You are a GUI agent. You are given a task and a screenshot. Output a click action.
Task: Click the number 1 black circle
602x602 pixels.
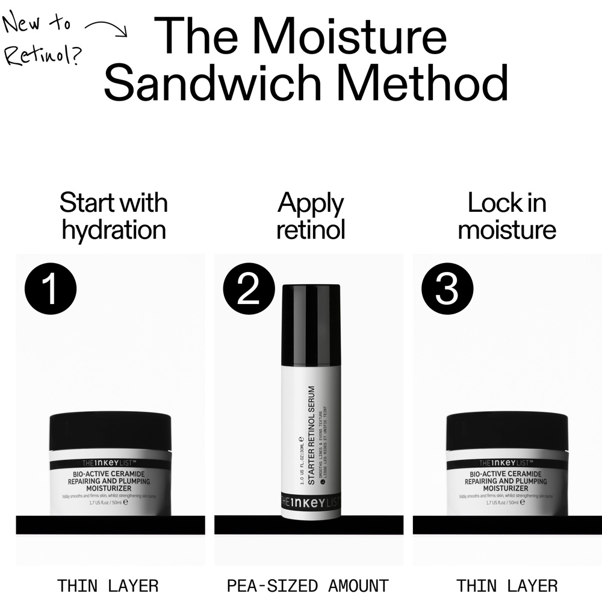tap(51, 289)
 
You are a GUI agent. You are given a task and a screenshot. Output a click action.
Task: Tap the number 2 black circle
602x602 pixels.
tap(248, 289)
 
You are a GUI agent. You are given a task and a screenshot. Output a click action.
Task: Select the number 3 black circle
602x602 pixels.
tap(447, 289)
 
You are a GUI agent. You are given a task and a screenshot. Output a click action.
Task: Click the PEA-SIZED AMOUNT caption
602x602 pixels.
tap(308, 585)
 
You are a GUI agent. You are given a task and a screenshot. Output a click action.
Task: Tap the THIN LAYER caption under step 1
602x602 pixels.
tap(108, 585)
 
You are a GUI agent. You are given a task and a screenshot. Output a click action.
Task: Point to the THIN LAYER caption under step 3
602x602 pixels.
tap(507, 585)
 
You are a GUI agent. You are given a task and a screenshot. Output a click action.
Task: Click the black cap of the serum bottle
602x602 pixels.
tap(311, 325)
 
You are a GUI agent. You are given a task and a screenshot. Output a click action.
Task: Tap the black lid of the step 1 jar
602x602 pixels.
tap(110, 430)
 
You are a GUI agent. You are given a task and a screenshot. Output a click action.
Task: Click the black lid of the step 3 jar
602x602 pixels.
tap(507, 430)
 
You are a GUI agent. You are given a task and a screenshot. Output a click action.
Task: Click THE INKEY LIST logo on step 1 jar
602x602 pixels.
tap(110, 464)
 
